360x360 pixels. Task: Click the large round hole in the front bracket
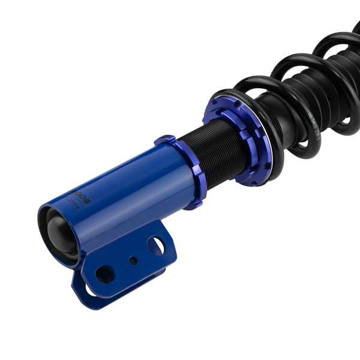click(x=105, y=274)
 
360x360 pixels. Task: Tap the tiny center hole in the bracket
click(x=133, y=260)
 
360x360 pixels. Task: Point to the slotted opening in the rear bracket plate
click(x=90, y=292)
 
